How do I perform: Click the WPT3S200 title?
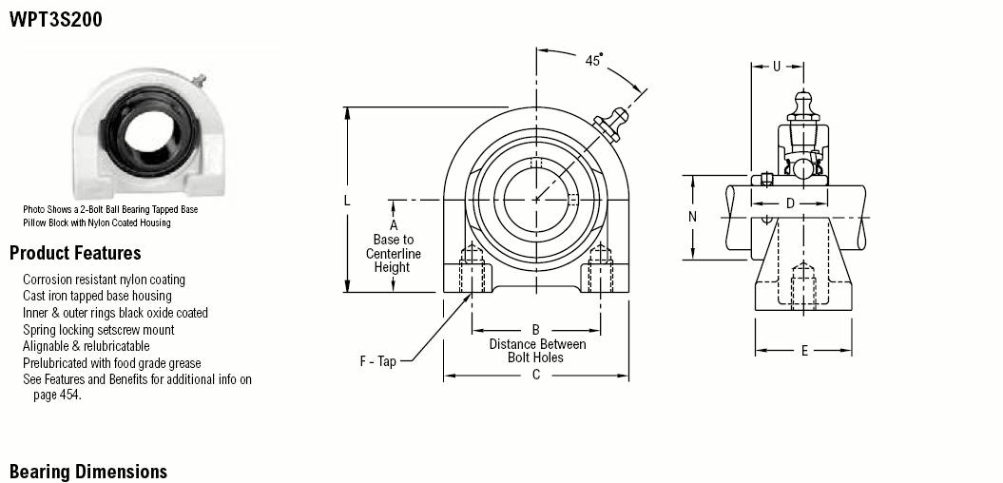click(56, 20)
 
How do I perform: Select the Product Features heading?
click(75, 253)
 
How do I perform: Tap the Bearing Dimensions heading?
click(88, 473)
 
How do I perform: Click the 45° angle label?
click(594, 60)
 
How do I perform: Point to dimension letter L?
click(347, 201)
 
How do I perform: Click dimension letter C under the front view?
click(536, 375)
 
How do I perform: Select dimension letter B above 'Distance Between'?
click(536, 330)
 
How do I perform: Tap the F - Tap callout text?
click(378, 361)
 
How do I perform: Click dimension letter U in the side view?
click(777, 66)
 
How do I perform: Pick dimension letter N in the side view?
click(692, 217)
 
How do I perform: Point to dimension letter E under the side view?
click(804, 351)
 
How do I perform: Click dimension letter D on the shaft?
click(790, 203)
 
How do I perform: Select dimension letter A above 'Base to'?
click(394, 225)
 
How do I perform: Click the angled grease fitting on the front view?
click(610, 125)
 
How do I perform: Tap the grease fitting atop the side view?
click(803, 106)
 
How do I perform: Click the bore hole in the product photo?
click(147, 130)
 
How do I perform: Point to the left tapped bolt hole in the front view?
click(473, 269)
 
